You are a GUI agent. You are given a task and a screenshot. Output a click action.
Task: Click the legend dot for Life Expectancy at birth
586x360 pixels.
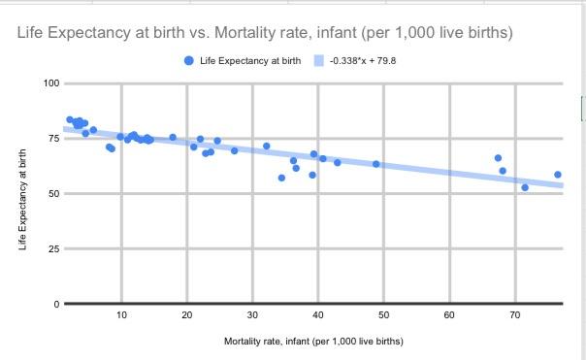click(x=188, y=60)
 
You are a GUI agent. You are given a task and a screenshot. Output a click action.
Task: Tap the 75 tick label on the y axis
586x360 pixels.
click(x=55, y=139)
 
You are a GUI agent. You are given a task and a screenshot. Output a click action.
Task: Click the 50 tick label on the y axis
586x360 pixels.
click(x=55, y=194)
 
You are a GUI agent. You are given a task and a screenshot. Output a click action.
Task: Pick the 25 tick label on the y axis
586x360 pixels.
click(x=55, y=249)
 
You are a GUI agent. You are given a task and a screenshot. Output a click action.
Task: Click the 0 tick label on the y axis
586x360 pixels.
click(x=58, y=304)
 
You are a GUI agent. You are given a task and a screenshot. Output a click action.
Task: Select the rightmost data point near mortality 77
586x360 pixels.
click(x=558, y=175)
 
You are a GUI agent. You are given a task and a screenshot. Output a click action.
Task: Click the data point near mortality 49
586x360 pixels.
click(x=376, y=164)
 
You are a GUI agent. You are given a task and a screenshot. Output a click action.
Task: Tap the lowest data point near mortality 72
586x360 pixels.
click(x=525, y=187)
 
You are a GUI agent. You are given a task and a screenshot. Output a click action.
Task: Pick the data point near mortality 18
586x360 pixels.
click(x=173, y=138)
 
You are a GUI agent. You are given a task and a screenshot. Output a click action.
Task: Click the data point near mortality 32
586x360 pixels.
click(x=267, y=147)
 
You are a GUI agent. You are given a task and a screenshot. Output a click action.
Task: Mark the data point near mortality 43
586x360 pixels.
click(x=338, y=162)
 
